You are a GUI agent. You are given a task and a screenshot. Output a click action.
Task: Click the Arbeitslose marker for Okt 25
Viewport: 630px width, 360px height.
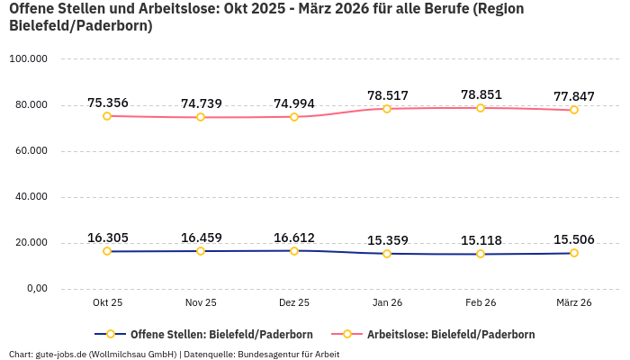pyautogui.click(x=107, y=116)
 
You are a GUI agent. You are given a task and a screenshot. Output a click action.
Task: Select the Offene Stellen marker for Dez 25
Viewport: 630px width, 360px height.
pyautogui.click(x=294, y=250)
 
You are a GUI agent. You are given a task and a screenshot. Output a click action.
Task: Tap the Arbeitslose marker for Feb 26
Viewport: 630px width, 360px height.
pyautogui.click(x=481, y=108)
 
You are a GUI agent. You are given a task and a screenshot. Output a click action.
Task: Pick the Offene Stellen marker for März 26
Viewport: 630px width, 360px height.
pyautogui.click(x=574, y=253)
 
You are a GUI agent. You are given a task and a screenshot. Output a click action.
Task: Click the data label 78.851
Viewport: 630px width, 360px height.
pyautogui.click(x=481, y=94)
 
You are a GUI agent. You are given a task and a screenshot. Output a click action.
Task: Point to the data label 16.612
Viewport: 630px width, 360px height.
pyautogui.click(x=294, y=238)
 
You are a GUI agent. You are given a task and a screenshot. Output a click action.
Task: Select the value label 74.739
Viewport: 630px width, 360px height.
pyautogui.click(x=201, y=103)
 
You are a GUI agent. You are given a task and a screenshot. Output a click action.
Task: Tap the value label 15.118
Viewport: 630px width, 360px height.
pyautogui.click(x=481, y=240)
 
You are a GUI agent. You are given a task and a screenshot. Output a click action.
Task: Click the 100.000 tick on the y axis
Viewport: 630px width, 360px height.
pyautogui.click(x=28, y=59)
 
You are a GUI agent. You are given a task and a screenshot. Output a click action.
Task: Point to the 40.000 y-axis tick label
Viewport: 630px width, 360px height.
pyautogui.click(x=30, y=197)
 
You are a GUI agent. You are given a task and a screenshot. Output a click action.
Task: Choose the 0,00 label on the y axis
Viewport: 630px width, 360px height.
pyautogui.click(x=35, y=289)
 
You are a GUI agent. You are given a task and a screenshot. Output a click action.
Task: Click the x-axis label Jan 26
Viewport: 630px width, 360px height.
pyautogui.click(x=387, y=303)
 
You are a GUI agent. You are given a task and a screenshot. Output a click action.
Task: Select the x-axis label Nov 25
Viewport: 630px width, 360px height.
pyautogui.click(x=201, y=303)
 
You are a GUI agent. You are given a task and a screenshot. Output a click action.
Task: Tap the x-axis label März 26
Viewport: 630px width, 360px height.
pyautogui.click(x=574, y=303)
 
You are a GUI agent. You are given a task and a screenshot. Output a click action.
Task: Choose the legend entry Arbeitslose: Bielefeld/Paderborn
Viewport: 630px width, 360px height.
pyautogui.click(x=450, y=335)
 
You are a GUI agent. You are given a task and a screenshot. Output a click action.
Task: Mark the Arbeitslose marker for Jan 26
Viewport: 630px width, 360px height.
pyautogui.click(x=387, y=109)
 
